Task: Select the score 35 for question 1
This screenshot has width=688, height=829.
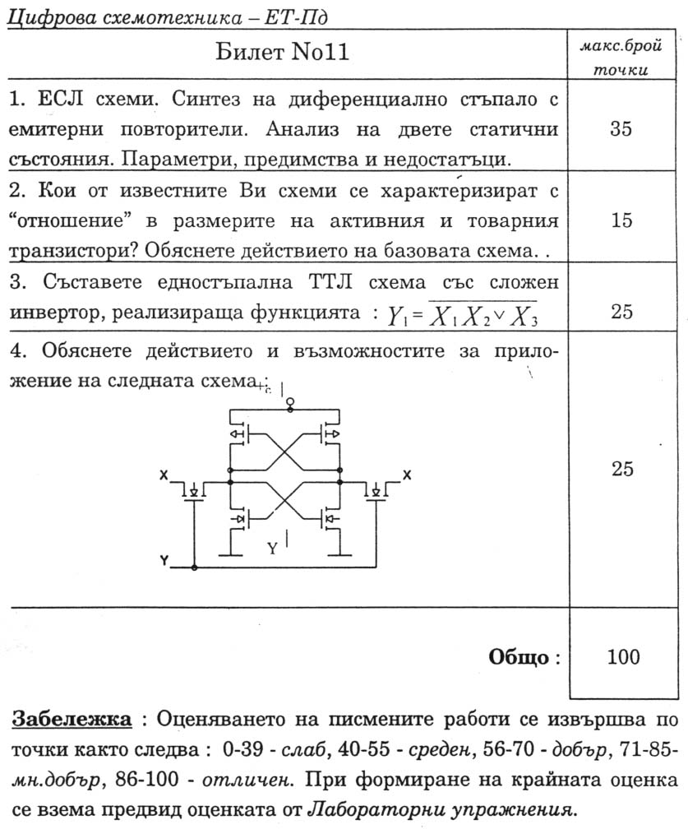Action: pos(622,128)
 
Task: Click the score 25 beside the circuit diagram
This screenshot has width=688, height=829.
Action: pos(622,469)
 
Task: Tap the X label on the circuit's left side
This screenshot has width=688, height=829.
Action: pos(164,476)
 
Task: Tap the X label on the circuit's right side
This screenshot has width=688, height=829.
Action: pos(406,476)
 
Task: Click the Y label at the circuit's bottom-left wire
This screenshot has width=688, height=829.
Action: pos(164,562)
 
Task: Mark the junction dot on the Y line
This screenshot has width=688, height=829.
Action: pos(194,567)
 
